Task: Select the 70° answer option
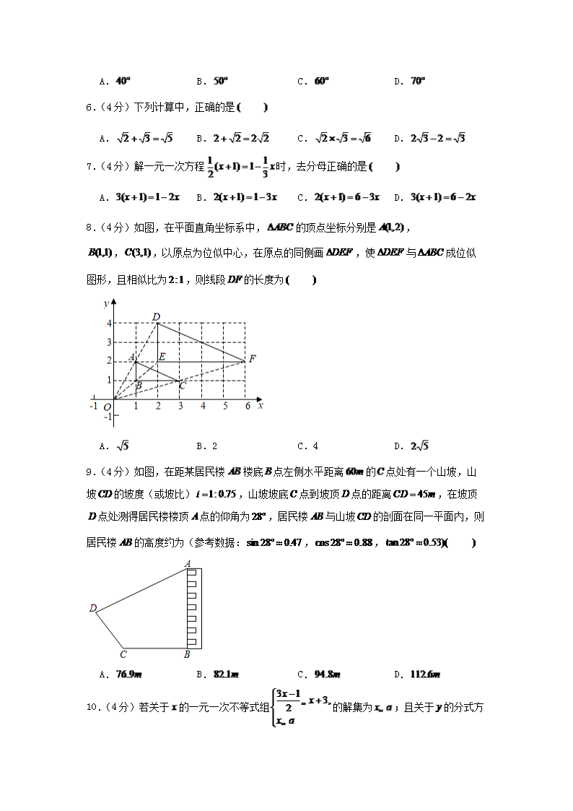(417, 82)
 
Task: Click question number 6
(89, 108)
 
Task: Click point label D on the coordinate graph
(156, 316)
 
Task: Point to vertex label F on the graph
(252, 359)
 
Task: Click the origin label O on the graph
(106, 407)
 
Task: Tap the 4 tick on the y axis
(109, 324)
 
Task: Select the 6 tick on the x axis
(248, 406)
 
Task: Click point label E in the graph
(162, 357)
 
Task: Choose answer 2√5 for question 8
(419, 446)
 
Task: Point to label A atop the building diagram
(188, 563)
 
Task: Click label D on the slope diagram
(93, 609)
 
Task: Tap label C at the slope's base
(123, 654)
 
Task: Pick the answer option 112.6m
(425, 675)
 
